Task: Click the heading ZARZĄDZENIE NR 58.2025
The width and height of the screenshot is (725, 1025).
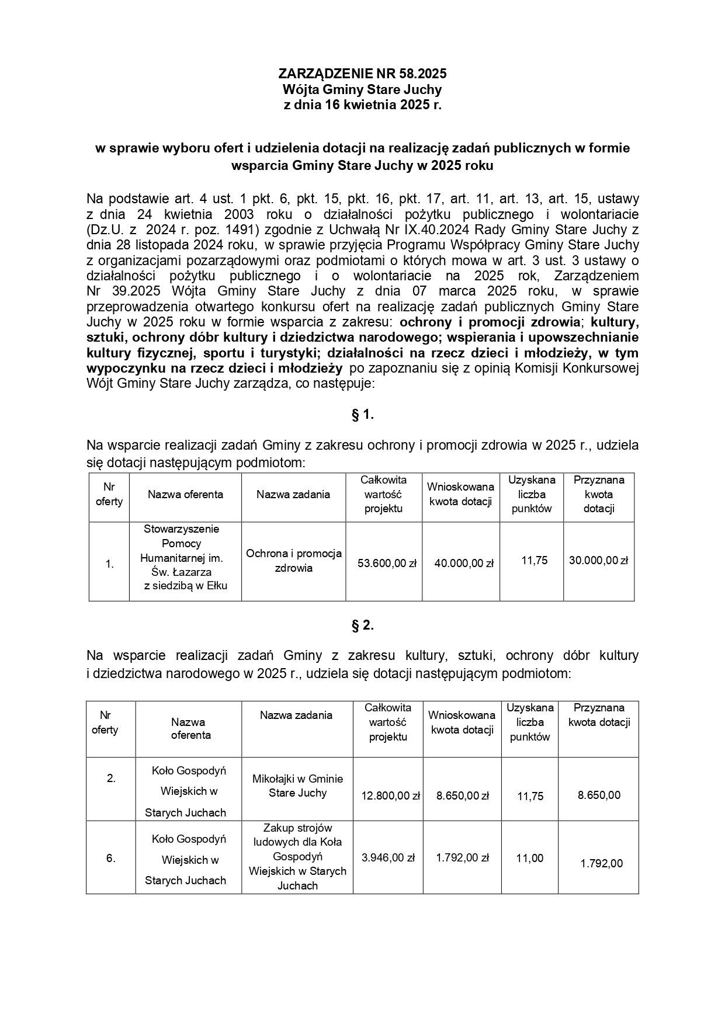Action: click(x=362, y=74)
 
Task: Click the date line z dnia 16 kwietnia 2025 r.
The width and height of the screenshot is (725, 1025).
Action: click(x=362, y=106)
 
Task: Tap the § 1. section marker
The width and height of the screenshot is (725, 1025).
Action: click(x=362, y=415)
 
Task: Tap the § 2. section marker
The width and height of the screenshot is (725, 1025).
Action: click(x=362, y=626)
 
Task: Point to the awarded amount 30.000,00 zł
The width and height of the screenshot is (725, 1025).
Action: click(x=598, y=560)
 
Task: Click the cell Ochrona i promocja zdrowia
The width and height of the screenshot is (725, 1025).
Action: click(x=294, y=561)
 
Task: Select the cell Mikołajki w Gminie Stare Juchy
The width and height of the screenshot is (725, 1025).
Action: click(x=297, y=786)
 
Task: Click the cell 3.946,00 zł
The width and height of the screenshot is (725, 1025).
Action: click(x=388, y=857)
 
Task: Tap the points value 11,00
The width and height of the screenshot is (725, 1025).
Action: click(x=529, y=858)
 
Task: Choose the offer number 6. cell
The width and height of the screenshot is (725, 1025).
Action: click(x=111, y=858)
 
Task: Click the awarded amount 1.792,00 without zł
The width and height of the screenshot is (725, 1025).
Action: click(x=601, y=863)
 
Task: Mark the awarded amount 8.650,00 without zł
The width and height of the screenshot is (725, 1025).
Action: click(x=599, y=795)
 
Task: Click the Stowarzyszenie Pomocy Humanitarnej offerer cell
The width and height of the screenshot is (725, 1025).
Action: click(x=185, y=557)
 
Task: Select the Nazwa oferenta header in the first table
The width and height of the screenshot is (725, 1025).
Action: click(x=185, y=494)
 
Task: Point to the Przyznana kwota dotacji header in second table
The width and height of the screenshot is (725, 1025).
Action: click(x=599, y=715)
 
